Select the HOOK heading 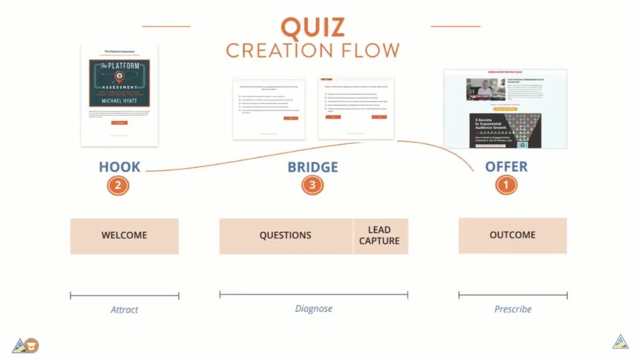point(119,167)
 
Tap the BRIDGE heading point(313,167)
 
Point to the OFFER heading point(506,167)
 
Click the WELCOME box point(124,236)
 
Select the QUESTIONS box point(286,236)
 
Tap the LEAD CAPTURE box point(379,236)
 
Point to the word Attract point(124,310)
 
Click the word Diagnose point(313,309)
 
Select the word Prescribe point(513,309)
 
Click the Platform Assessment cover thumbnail point(119,95)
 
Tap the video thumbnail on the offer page point(485,89)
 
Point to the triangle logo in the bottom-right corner point(620,342)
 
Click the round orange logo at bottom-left point(32,346)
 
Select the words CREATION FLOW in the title point(312,50)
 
